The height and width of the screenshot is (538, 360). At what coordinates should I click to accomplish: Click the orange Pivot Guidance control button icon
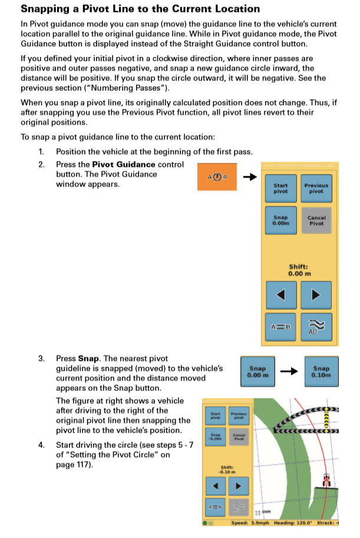(217, 176)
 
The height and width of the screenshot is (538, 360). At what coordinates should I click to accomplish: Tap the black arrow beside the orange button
(250, 176)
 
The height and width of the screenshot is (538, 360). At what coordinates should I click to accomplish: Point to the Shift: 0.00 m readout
(299, 270)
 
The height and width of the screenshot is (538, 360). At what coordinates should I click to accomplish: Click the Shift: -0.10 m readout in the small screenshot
(227, 470)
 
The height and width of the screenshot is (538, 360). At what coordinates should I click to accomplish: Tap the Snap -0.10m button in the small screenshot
(214, 437)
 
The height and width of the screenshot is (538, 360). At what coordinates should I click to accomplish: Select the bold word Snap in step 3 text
(88, 358)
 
